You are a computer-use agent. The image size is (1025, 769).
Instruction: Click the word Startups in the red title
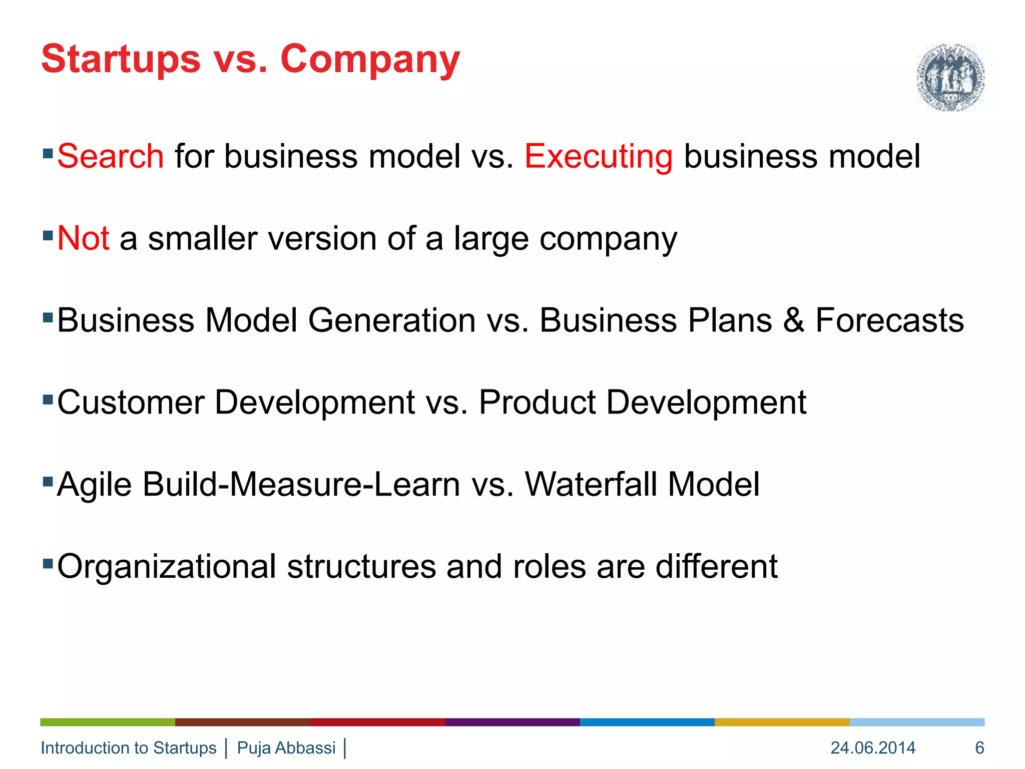tap(121, 60)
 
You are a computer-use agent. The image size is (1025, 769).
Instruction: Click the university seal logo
tap(950, 77)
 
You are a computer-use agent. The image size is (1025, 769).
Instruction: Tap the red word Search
tap(111, 156)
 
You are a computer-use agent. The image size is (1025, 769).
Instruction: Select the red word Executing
tap(599, 157)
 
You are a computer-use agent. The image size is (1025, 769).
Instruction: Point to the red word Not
tap(83, 238)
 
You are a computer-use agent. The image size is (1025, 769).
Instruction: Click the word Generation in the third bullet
tap(391, 320)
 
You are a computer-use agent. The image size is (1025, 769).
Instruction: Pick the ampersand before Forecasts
tap(793, 320)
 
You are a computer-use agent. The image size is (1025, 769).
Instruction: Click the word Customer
tap(131, 403)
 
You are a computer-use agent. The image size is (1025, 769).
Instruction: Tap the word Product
tap(538, 403)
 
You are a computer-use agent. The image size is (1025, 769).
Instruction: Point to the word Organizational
tap(167, 567)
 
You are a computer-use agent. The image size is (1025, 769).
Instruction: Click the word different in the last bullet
tap(716, 567)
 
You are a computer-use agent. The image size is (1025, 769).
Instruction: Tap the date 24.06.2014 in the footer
tap(873, 748)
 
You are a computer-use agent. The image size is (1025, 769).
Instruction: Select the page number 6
tap(979, 748)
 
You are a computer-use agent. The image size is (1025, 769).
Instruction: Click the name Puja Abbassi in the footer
tap(286, 748)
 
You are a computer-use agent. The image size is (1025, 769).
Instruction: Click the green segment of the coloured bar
tap(108, 722)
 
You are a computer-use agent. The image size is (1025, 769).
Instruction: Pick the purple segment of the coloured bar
tap(512, 722)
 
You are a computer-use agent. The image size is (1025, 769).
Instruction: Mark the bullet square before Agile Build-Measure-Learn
tap(48, 482)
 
